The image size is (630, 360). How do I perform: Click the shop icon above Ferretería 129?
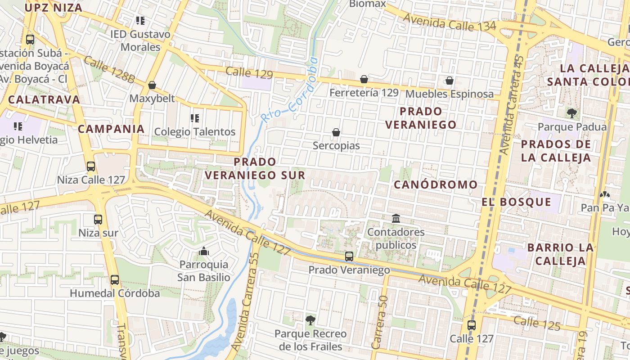coord(364,80)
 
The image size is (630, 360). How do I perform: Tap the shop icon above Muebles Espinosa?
coord(449,81)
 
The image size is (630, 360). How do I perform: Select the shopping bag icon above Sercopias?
coord(336,132)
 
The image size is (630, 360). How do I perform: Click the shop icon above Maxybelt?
coord(152,85)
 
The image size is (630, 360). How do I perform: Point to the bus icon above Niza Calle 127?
coord(91,166)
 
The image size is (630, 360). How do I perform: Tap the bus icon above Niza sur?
coord(98,220)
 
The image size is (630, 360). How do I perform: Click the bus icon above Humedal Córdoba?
coord(115,280)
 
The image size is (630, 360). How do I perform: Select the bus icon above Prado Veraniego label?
coord(349,256)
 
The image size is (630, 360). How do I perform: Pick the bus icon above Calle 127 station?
coord(471,325)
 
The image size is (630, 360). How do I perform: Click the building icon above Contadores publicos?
coord(396,219)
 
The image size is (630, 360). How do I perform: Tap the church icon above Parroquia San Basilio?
coord(204,251)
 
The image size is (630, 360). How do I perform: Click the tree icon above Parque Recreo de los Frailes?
coord(310,320)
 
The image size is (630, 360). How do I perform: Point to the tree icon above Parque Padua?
coord(571,113)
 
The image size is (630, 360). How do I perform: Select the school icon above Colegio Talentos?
coord(195,118)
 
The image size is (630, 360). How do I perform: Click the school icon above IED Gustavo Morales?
coord(140,21)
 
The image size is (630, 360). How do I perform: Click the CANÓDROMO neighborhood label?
coord(436,184)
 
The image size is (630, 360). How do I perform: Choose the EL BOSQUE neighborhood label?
coord(516,202)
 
